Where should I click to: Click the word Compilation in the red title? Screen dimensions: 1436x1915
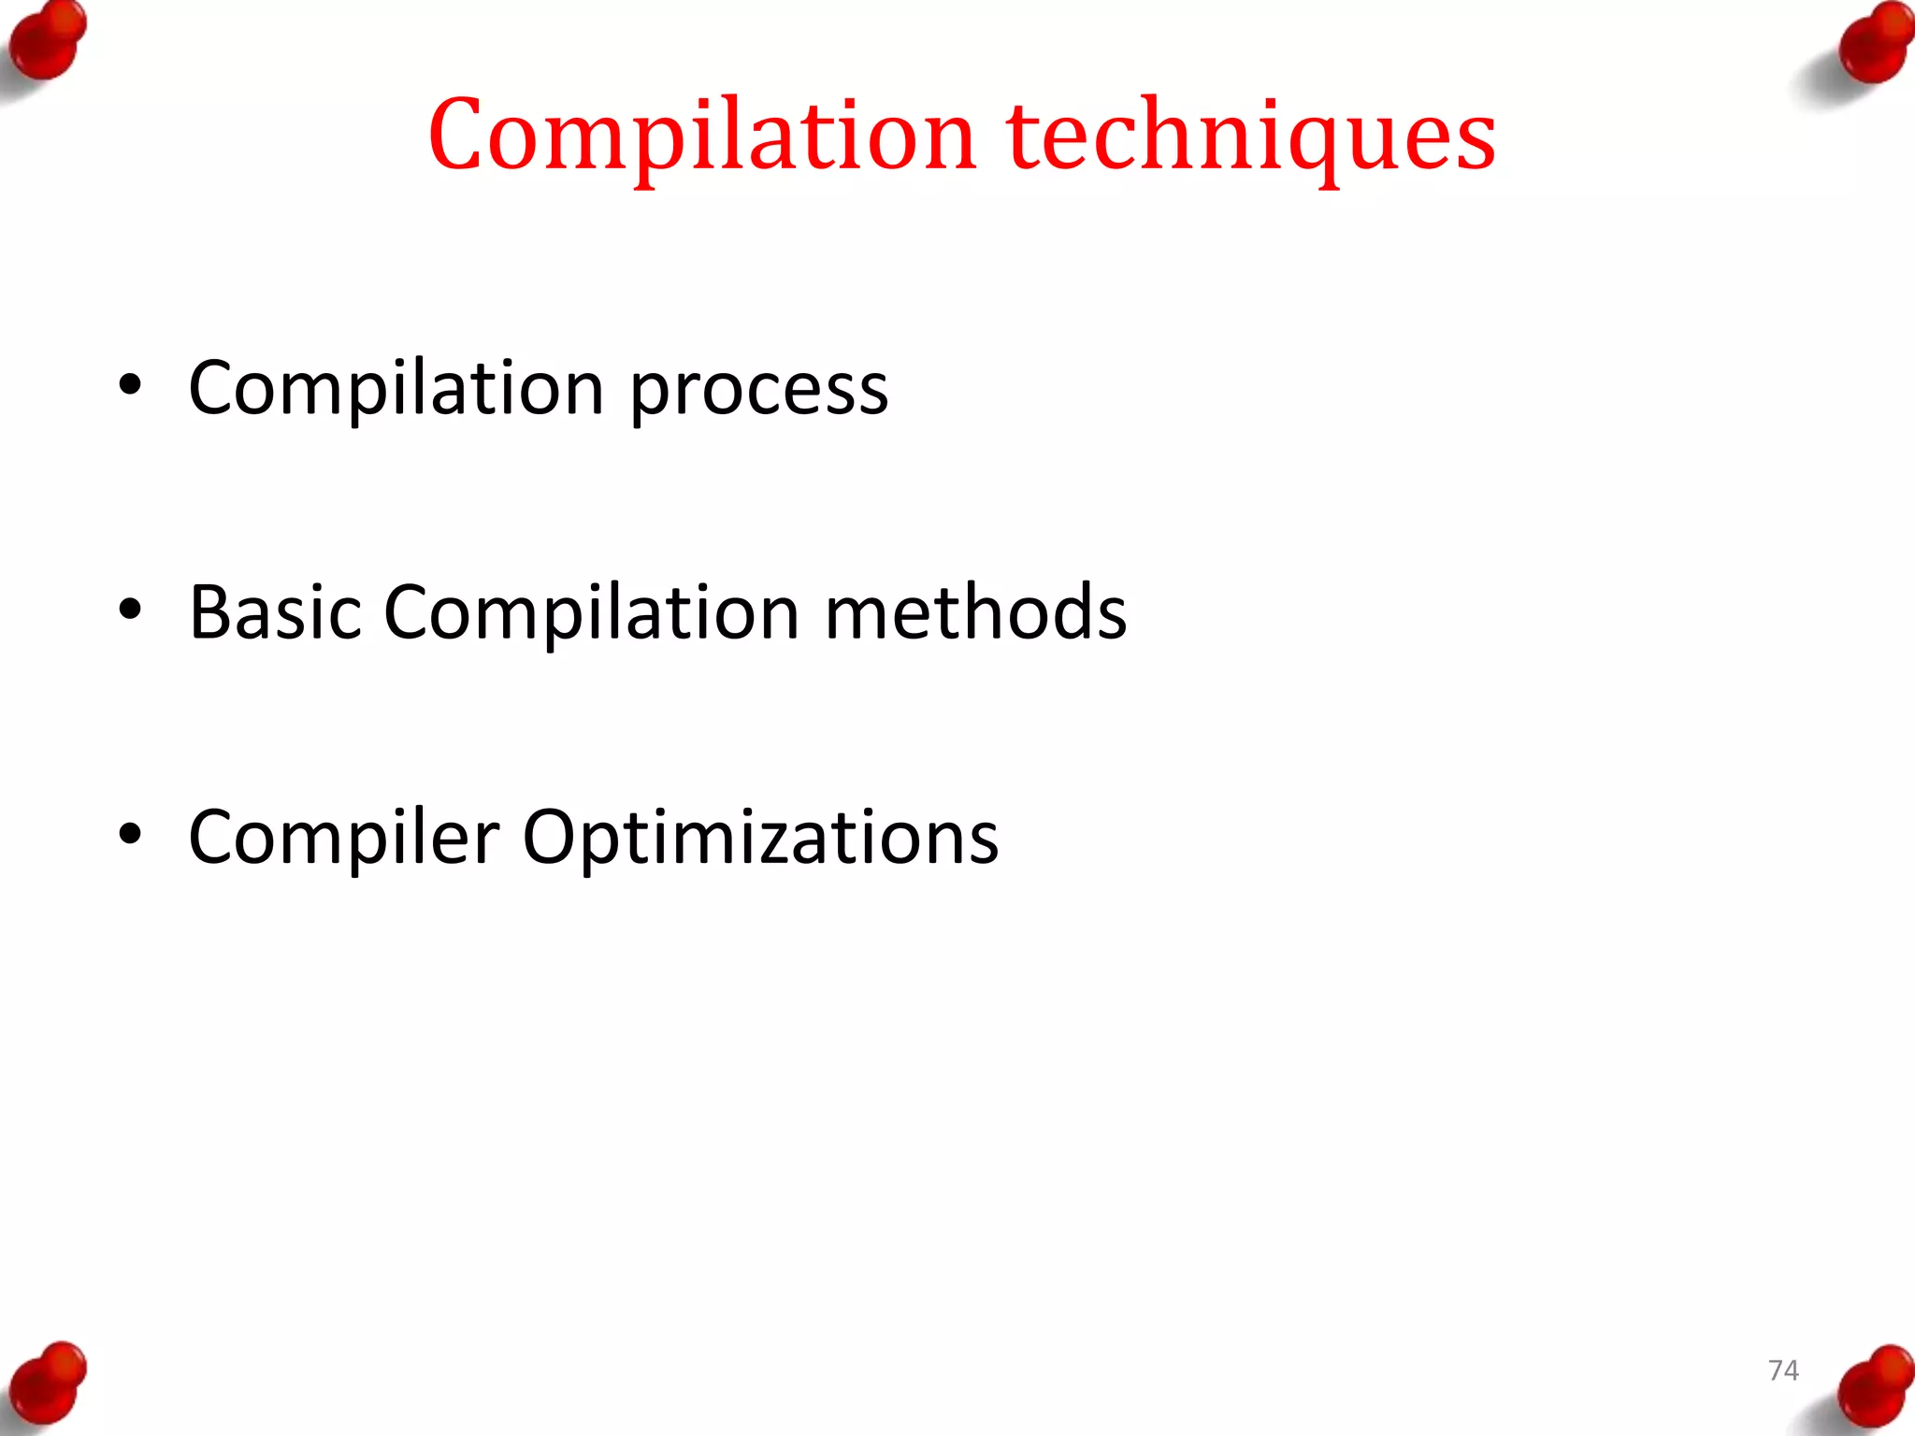point(702,136)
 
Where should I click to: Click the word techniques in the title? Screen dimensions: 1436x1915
point(1251,136)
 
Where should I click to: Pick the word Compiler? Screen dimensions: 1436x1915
point(343,838)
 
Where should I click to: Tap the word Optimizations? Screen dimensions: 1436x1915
point(760,838)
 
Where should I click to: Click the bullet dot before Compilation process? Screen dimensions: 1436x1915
point(130,384)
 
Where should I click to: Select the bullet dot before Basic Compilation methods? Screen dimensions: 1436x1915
point(130,610)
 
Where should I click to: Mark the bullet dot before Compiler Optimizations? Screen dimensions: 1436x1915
point(130,834)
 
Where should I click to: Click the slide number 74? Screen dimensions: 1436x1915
point(1783,1371)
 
